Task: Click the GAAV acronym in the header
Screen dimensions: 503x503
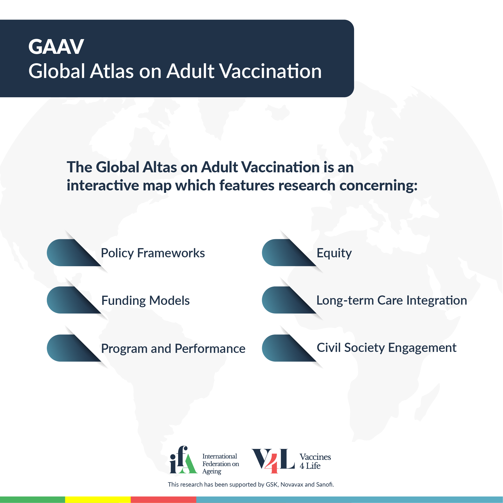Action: click(56, 47)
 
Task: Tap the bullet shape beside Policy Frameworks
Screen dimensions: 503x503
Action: click(74, 252)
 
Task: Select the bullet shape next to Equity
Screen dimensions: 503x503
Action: click(289, 252)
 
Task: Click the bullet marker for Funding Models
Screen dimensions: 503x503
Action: click(74, 300)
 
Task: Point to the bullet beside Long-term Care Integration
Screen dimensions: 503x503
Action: click(289, 300)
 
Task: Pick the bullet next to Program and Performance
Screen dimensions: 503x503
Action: click(74, 348)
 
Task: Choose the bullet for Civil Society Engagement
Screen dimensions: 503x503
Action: click(289, 348)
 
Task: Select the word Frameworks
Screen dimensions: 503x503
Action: click(171, 253)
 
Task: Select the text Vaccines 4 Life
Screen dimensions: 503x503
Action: click(315, 461)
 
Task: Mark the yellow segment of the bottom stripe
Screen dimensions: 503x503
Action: click(98, 500)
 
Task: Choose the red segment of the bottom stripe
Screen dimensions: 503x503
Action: click(163, 500)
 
